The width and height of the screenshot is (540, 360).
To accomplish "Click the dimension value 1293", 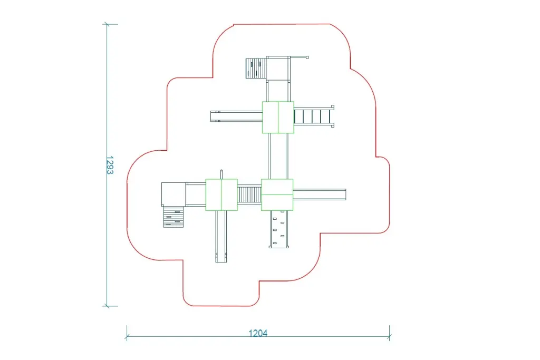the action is point(110,165).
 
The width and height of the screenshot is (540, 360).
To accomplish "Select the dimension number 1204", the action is point(258,333).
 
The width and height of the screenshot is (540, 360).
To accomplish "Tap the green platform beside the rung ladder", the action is point(278,117).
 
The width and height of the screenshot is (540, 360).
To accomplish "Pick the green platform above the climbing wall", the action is point(277,195).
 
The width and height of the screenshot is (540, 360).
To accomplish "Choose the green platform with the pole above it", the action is point(221,195).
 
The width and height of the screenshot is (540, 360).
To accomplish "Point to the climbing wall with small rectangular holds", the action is point(279,229).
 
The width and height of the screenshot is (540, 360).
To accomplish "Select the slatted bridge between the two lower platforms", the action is point(249,195).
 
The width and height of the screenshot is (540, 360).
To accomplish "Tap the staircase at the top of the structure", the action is point(256,68).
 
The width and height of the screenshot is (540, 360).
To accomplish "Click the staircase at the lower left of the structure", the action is point(173,217).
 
